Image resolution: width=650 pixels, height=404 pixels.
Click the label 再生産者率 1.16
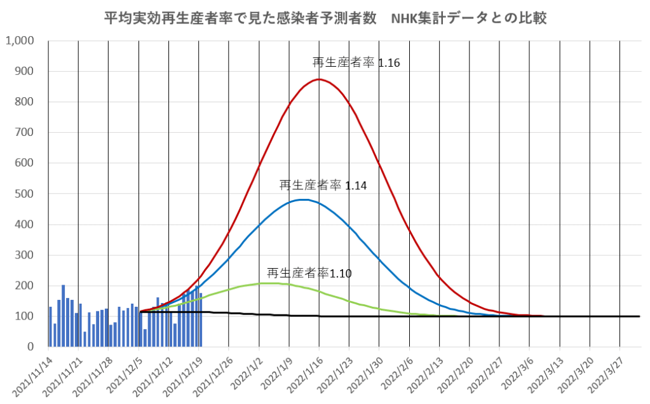pos(356,62)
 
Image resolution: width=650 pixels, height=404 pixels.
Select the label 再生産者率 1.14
pos(323,185)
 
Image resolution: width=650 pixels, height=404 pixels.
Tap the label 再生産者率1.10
pos(309,274)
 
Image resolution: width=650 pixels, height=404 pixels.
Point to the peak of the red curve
pos(319,79)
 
